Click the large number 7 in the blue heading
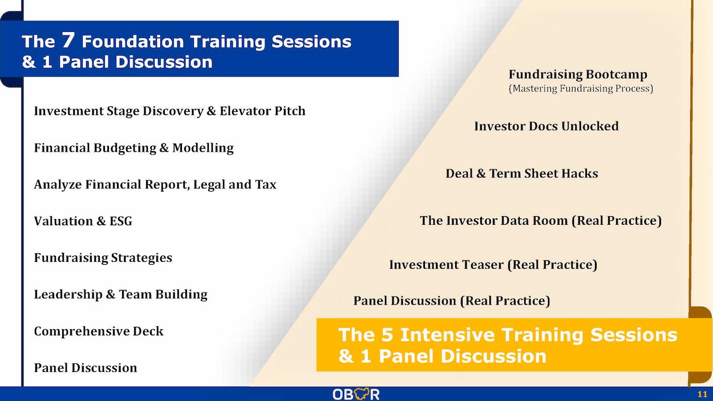tap(68, 40)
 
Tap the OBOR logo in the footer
tap(356, 394)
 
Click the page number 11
tap(702, 394)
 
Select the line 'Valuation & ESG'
tap(83, 221)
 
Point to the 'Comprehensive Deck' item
tap(99, 331)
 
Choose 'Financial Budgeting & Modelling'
tap(133, 148)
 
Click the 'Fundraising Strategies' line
tap(103, 258)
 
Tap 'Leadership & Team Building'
tap(120, 294)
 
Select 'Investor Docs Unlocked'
tap(546, 126)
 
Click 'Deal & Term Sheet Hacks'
tap(522, 173)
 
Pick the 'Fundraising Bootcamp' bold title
tap(578, 75)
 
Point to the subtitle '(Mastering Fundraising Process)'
tap(581, 88)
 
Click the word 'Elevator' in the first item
tap(245, 111)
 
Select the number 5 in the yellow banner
tap(387, 335)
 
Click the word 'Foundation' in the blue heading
tap(133, 42)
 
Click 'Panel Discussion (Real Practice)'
tap(452, 301)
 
